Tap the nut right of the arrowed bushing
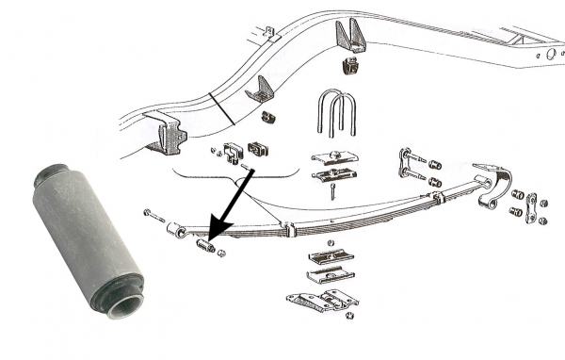pyautogui.click(x=222, y=252)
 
